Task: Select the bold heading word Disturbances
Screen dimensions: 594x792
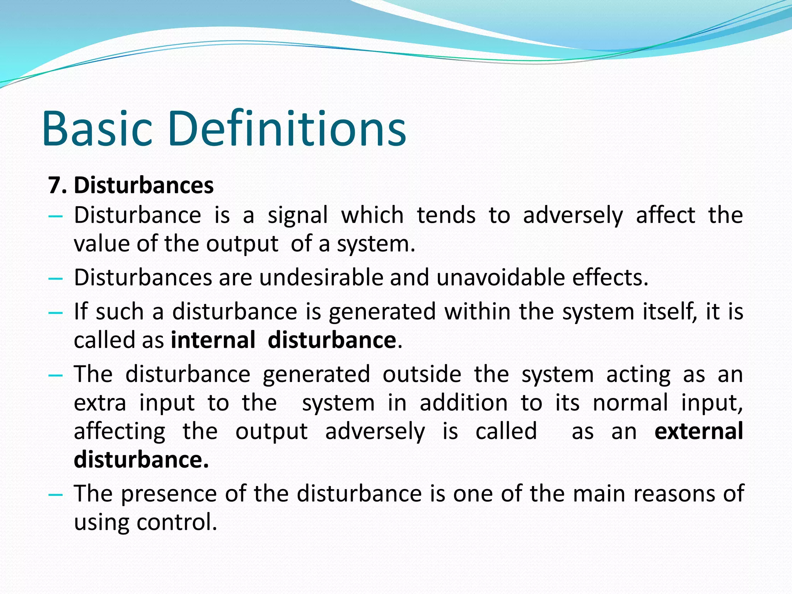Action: [x=143, y=185]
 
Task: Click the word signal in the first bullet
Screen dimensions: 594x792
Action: [x=298, y=215]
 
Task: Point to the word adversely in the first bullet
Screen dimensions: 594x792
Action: [x=573, y=215]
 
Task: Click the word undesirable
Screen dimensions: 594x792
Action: [x=321, y=278]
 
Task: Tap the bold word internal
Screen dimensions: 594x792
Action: [x=213, y=340]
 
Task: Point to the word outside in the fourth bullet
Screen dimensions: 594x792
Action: [x=422, y=374]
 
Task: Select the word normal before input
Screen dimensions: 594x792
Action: [x=630, y=403]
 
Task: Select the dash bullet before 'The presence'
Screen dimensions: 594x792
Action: [x=56, y=495]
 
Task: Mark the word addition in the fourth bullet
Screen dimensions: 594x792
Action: [x=464, y=403]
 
